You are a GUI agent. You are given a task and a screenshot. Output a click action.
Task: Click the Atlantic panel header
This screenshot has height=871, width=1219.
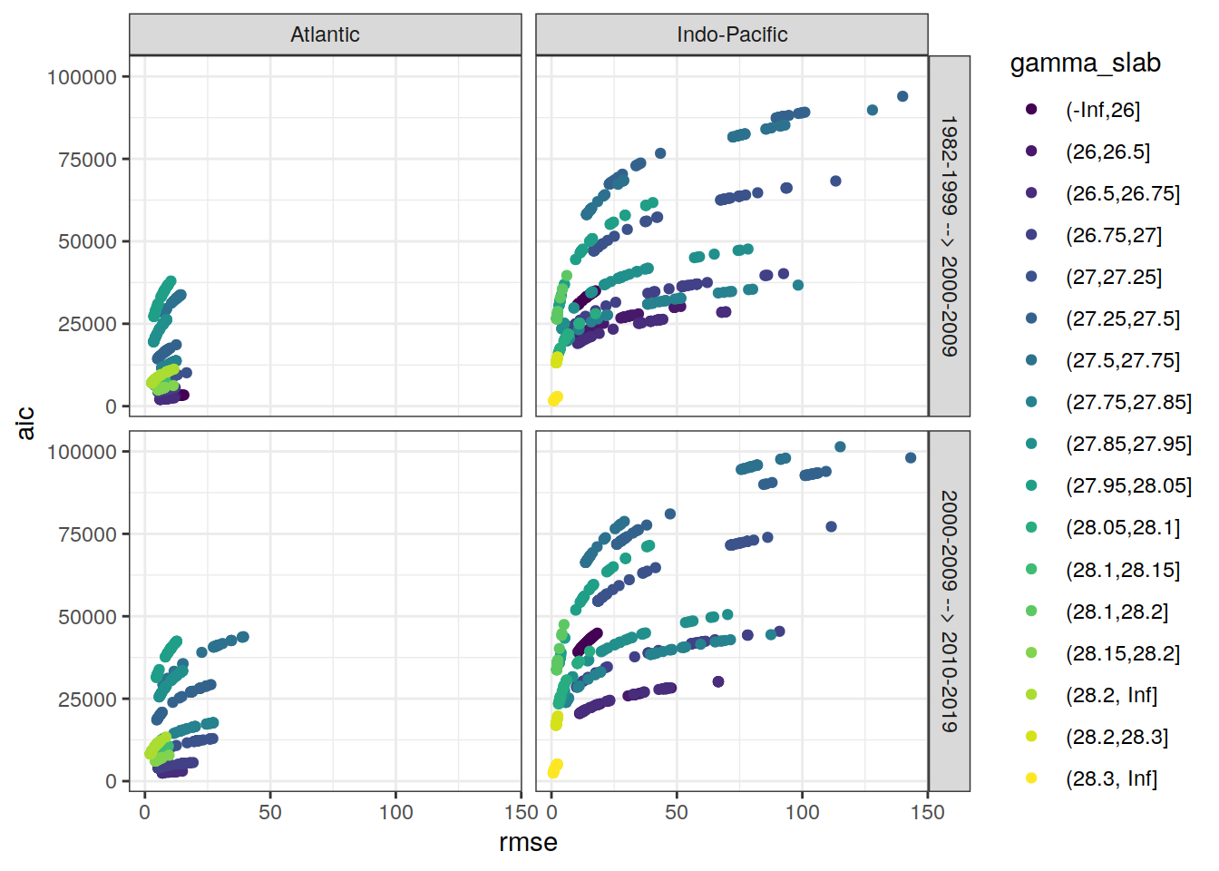tap(325, 34)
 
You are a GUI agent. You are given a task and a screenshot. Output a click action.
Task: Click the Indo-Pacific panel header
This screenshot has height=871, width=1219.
tap(731, 34)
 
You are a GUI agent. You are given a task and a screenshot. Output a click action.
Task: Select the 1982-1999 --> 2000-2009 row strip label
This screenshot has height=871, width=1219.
tap(949, 236)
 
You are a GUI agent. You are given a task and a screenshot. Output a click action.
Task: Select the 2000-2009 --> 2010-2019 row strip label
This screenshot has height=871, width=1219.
tap(949, 611)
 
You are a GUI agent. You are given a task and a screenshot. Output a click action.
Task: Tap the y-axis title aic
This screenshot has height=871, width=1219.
tap(25, 423)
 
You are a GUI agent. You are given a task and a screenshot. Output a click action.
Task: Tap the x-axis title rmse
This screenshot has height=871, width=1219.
tap(528, 843)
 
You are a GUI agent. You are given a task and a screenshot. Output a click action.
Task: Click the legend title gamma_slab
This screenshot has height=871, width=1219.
tap(1085, 64)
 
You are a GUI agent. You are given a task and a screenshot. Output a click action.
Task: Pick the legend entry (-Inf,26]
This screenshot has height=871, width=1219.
tap(1102, 110)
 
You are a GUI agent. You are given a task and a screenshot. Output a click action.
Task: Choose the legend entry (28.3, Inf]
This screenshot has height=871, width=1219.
tap(1111, 778)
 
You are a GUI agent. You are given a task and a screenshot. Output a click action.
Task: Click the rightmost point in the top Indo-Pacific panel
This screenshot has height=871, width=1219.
tap(902, 96)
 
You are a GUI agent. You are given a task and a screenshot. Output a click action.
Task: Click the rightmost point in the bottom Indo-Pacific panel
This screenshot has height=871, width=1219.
tap(911, 458)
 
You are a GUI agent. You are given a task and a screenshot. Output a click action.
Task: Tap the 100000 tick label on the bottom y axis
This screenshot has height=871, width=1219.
tap(82, 452)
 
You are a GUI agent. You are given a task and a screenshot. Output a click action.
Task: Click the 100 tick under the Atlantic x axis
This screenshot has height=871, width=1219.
tap(395, 812)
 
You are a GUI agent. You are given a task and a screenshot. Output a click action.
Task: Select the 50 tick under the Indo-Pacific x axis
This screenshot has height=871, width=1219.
tap(677, 812)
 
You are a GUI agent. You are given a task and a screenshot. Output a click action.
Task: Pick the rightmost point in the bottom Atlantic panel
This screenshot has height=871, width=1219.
tap(243, 637)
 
